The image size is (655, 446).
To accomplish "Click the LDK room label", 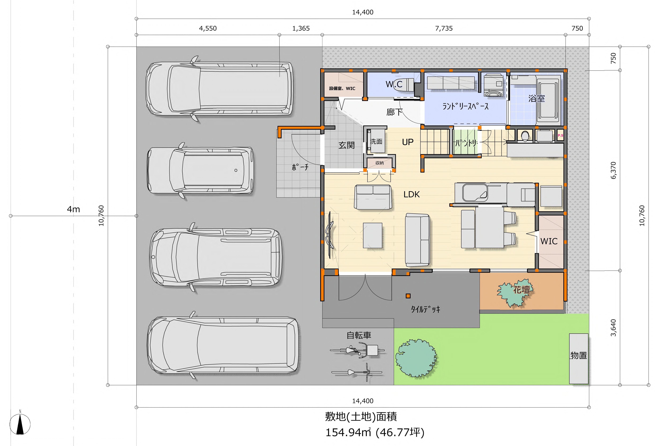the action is click(412, 194).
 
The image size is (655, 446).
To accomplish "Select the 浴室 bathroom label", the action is click(536, 99).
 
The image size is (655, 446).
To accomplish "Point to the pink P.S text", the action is click(560, 135).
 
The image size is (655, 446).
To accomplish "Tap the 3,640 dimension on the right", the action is click(613, 328).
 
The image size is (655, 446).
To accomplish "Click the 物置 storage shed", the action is click(579, 359).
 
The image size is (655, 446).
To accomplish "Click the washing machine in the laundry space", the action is click(493, 85).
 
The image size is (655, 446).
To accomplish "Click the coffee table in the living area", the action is click(373, 235).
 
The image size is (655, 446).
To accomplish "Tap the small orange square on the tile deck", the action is click(408, 296).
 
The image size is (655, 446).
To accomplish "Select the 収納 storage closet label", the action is click(379, 163).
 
